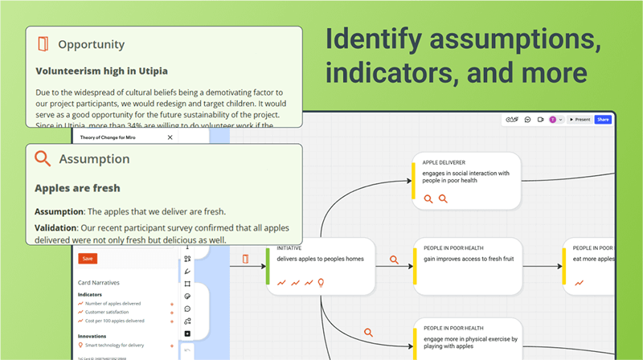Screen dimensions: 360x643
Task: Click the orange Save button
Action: [x=88, y=259]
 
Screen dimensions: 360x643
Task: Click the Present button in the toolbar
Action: [x=580, y=119]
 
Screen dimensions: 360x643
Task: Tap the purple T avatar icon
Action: [x=552, y=119]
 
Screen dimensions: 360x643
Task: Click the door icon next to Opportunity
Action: [x=43, y=44]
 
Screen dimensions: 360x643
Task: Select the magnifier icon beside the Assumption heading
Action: [x=43, y=158]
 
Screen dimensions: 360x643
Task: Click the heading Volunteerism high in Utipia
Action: [x=101, y=71]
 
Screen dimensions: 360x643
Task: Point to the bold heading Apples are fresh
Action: [x=77, y=188]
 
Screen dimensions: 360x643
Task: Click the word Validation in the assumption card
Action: [x=54, y=228]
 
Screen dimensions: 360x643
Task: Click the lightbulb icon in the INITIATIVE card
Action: [x=321, y=282]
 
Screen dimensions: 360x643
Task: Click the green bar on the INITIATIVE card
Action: [x=268, y=265]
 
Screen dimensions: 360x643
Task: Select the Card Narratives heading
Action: [x=100, y=283]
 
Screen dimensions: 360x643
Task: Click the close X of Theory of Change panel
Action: [x=170, y=138]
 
